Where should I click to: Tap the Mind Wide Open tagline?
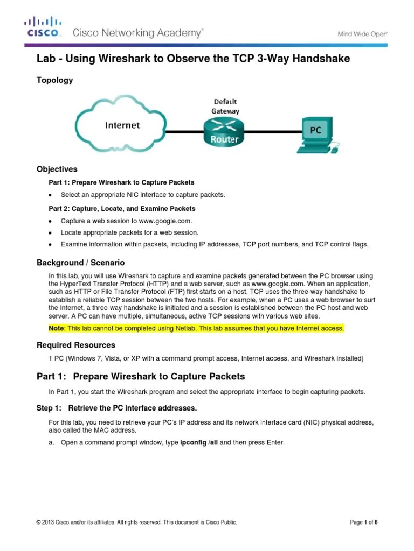(362, 33)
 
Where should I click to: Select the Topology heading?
(54, 80)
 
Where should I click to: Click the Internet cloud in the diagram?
(122, 126)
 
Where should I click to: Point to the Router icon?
(224, 133)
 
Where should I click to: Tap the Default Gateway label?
(225, 106)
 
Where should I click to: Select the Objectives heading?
(57, 169)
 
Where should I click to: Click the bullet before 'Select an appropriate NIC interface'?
(50, 195)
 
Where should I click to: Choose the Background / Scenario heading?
(80, 263)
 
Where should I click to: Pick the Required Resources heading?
(75, 344)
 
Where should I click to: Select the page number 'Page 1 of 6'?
(364, 522)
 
